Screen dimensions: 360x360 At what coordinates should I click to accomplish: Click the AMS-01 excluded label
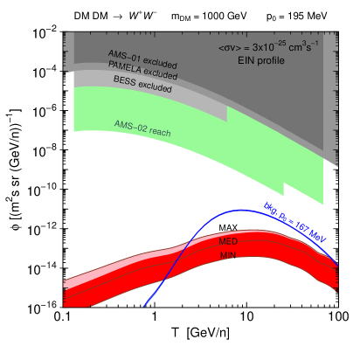[x=143, y=59]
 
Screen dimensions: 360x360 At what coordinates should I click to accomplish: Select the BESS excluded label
[x=142, y=84]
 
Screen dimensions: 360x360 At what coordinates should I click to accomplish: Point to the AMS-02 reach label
[x=142, y=128]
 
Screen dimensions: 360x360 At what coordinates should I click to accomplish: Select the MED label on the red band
[x=228, y=241]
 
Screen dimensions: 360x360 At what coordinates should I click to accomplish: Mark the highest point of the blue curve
[x=238, y=211]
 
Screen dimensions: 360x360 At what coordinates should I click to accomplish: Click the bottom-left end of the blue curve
[x=144, y=307]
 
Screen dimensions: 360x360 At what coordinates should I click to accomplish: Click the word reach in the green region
[x=160, y=132]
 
